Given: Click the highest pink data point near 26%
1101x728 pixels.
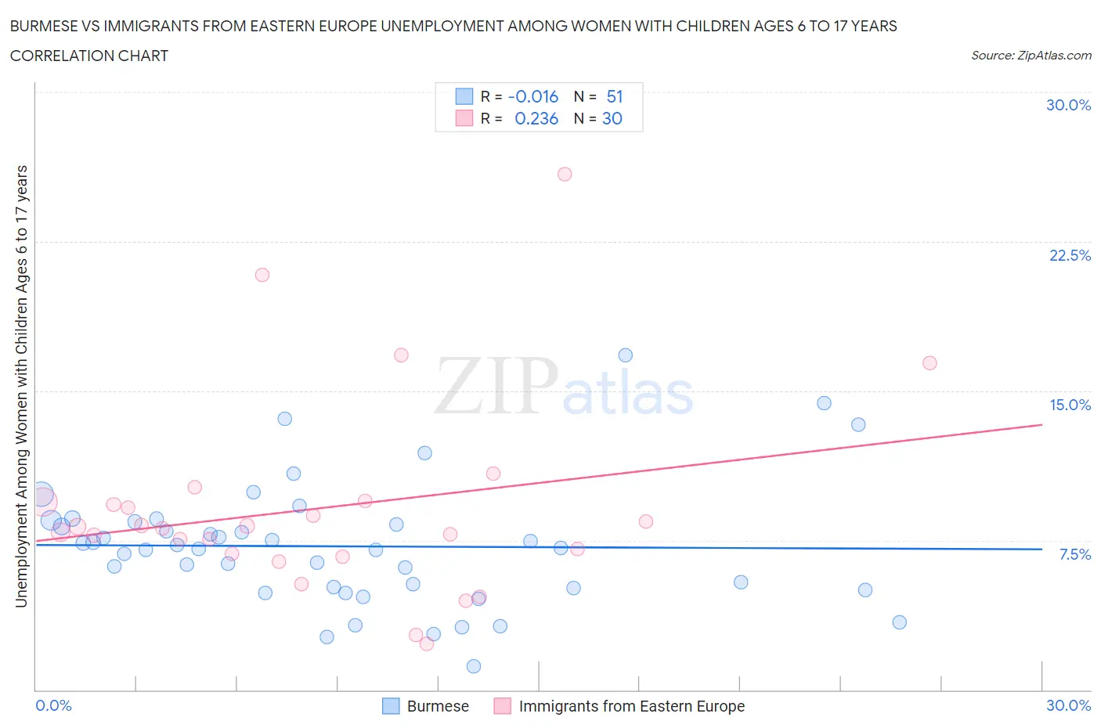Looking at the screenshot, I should tap(565, 174).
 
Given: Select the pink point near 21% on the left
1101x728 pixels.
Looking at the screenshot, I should tap(262, 275).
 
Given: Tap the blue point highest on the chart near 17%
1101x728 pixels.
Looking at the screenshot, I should tap(625, 355).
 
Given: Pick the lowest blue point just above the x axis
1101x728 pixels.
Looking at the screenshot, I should tap(474, 666).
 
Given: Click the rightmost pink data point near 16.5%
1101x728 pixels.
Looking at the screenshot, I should tap(930, 362).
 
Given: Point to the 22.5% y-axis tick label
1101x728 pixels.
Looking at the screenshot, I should tap(1070, 255).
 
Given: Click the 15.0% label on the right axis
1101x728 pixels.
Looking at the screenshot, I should tap(1070, 405).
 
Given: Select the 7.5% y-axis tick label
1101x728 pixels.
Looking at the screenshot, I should tap(1074, 554).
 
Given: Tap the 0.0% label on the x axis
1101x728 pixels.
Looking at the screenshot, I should tap(53, 705).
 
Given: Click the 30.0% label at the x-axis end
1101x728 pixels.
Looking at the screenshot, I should tap(1068, 705).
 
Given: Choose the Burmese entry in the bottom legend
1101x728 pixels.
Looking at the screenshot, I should tap(437, 706).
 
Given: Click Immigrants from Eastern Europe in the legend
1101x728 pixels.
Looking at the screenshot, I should tap(631, 706).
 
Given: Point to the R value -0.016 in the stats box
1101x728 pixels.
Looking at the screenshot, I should tap(532, 96).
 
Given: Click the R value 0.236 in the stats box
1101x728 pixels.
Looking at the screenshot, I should tap(536, 118).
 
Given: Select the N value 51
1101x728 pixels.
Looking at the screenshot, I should tap(615, 96).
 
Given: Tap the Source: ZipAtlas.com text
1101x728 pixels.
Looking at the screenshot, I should tap(1031, 55).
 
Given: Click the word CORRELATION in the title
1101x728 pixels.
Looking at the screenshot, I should tap(60, 56).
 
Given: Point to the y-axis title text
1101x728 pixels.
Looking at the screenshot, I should tap(21, 386).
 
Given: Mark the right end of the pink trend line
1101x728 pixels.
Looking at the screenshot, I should tap(1042, 424).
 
